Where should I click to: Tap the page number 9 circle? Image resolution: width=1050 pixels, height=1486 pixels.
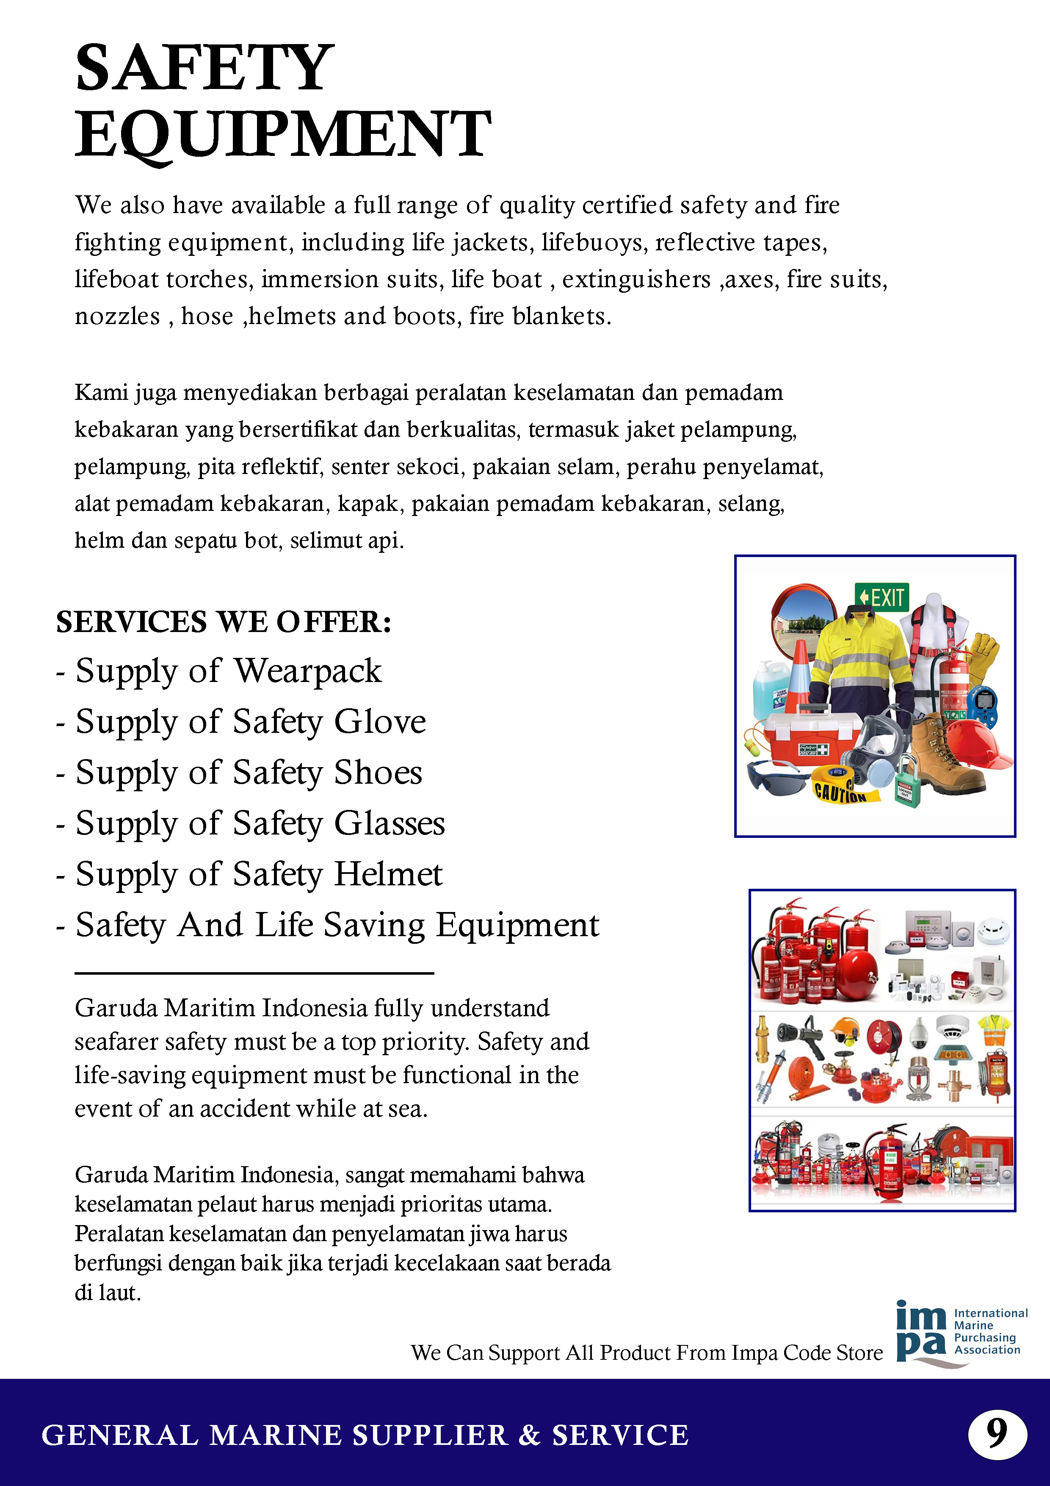coord(997,1434)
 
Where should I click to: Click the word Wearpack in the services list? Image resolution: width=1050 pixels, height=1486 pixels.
coord(307,671)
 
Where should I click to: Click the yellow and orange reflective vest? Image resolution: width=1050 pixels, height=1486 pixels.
coord(995,1030)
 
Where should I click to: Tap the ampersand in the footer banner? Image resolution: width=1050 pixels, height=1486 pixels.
coord(529,1435)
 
